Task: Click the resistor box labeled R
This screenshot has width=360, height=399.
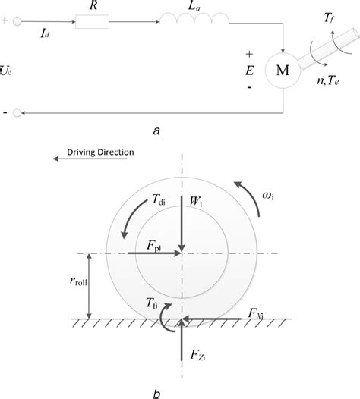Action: point(92,24)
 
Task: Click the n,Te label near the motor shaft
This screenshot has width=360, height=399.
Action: point(331,82)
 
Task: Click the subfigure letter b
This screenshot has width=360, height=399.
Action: point(156,392)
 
